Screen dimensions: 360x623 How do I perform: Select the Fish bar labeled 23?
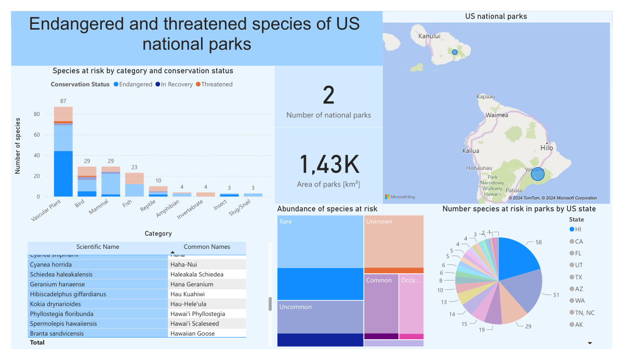(134, 184)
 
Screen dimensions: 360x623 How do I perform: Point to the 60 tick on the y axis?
(36, 135)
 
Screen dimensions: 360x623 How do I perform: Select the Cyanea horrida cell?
(51, 264)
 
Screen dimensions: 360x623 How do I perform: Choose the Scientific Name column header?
(98, 247)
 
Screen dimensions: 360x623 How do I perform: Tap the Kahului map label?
(429, 36)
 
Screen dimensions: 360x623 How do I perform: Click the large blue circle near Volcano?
(538, 174)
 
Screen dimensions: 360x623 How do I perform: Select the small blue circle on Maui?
(455, 52)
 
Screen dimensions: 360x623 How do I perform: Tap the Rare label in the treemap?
(286, 222)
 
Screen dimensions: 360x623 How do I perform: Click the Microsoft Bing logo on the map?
(400, 197)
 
